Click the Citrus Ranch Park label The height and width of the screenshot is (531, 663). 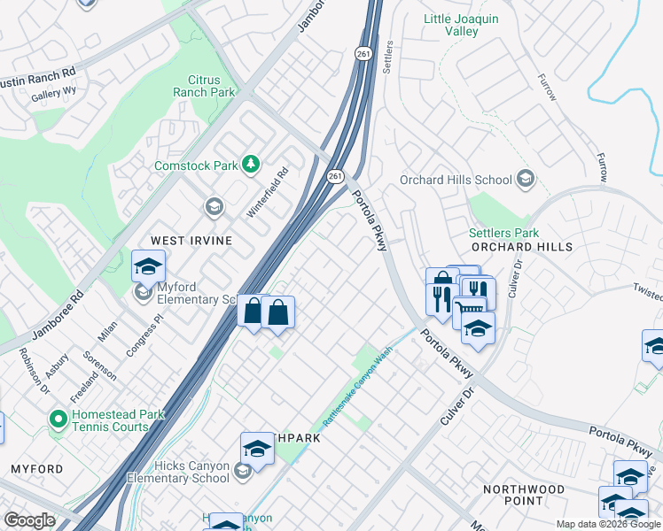[204, 85]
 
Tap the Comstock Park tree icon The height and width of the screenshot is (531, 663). [252, 165]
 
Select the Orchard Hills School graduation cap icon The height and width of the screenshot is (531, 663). [526, 180]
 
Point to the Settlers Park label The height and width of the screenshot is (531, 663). [503, 233]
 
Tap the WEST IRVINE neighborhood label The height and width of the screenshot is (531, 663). [191, 241]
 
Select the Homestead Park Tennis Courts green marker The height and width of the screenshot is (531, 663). [58, 419]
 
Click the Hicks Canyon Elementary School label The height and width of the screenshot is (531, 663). [178, 473]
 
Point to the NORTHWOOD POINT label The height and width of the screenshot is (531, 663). [523, 495]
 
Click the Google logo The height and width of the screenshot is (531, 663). [29, 520]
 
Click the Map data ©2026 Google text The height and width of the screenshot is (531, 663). [607, 524]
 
